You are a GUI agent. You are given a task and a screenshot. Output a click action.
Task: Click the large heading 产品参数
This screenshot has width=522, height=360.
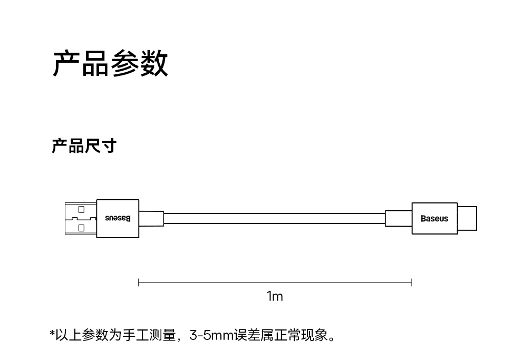110,64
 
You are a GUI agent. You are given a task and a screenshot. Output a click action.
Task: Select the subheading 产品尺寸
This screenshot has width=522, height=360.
83,146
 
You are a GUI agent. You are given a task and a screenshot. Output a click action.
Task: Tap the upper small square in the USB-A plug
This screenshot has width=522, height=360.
81,209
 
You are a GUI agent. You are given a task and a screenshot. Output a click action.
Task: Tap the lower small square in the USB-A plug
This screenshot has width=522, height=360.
81,228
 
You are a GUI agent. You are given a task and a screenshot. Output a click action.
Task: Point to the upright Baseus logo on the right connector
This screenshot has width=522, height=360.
434,219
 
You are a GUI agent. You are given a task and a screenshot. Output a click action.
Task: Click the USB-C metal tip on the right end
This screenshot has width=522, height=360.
467,218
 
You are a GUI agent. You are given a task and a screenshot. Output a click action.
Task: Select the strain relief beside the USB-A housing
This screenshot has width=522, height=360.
151,218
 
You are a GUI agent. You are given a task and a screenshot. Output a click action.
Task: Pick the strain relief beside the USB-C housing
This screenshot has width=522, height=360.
399,218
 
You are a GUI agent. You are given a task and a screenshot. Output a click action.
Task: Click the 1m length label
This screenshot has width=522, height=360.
275,297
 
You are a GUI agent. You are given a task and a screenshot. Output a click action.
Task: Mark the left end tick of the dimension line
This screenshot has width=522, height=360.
139,283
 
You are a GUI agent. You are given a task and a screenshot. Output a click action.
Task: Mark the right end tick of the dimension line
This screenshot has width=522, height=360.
411,283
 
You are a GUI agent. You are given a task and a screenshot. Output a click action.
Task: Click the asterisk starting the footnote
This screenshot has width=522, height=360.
52,333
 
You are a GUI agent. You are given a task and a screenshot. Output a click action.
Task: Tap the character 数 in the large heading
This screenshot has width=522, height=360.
154,64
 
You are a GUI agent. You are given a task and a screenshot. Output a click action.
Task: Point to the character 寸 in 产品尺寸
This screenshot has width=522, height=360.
109,146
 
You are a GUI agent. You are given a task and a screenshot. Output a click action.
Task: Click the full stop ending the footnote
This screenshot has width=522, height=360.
332,337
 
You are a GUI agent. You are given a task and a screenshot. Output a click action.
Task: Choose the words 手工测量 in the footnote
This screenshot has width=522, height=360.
149,335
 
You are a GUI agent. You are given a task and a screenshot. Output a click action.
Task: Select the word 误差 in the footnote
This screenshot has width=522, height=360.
249,335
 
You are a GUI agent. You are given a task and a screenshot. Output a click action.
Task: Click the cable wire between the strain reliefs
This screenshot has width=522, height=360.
274,218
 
